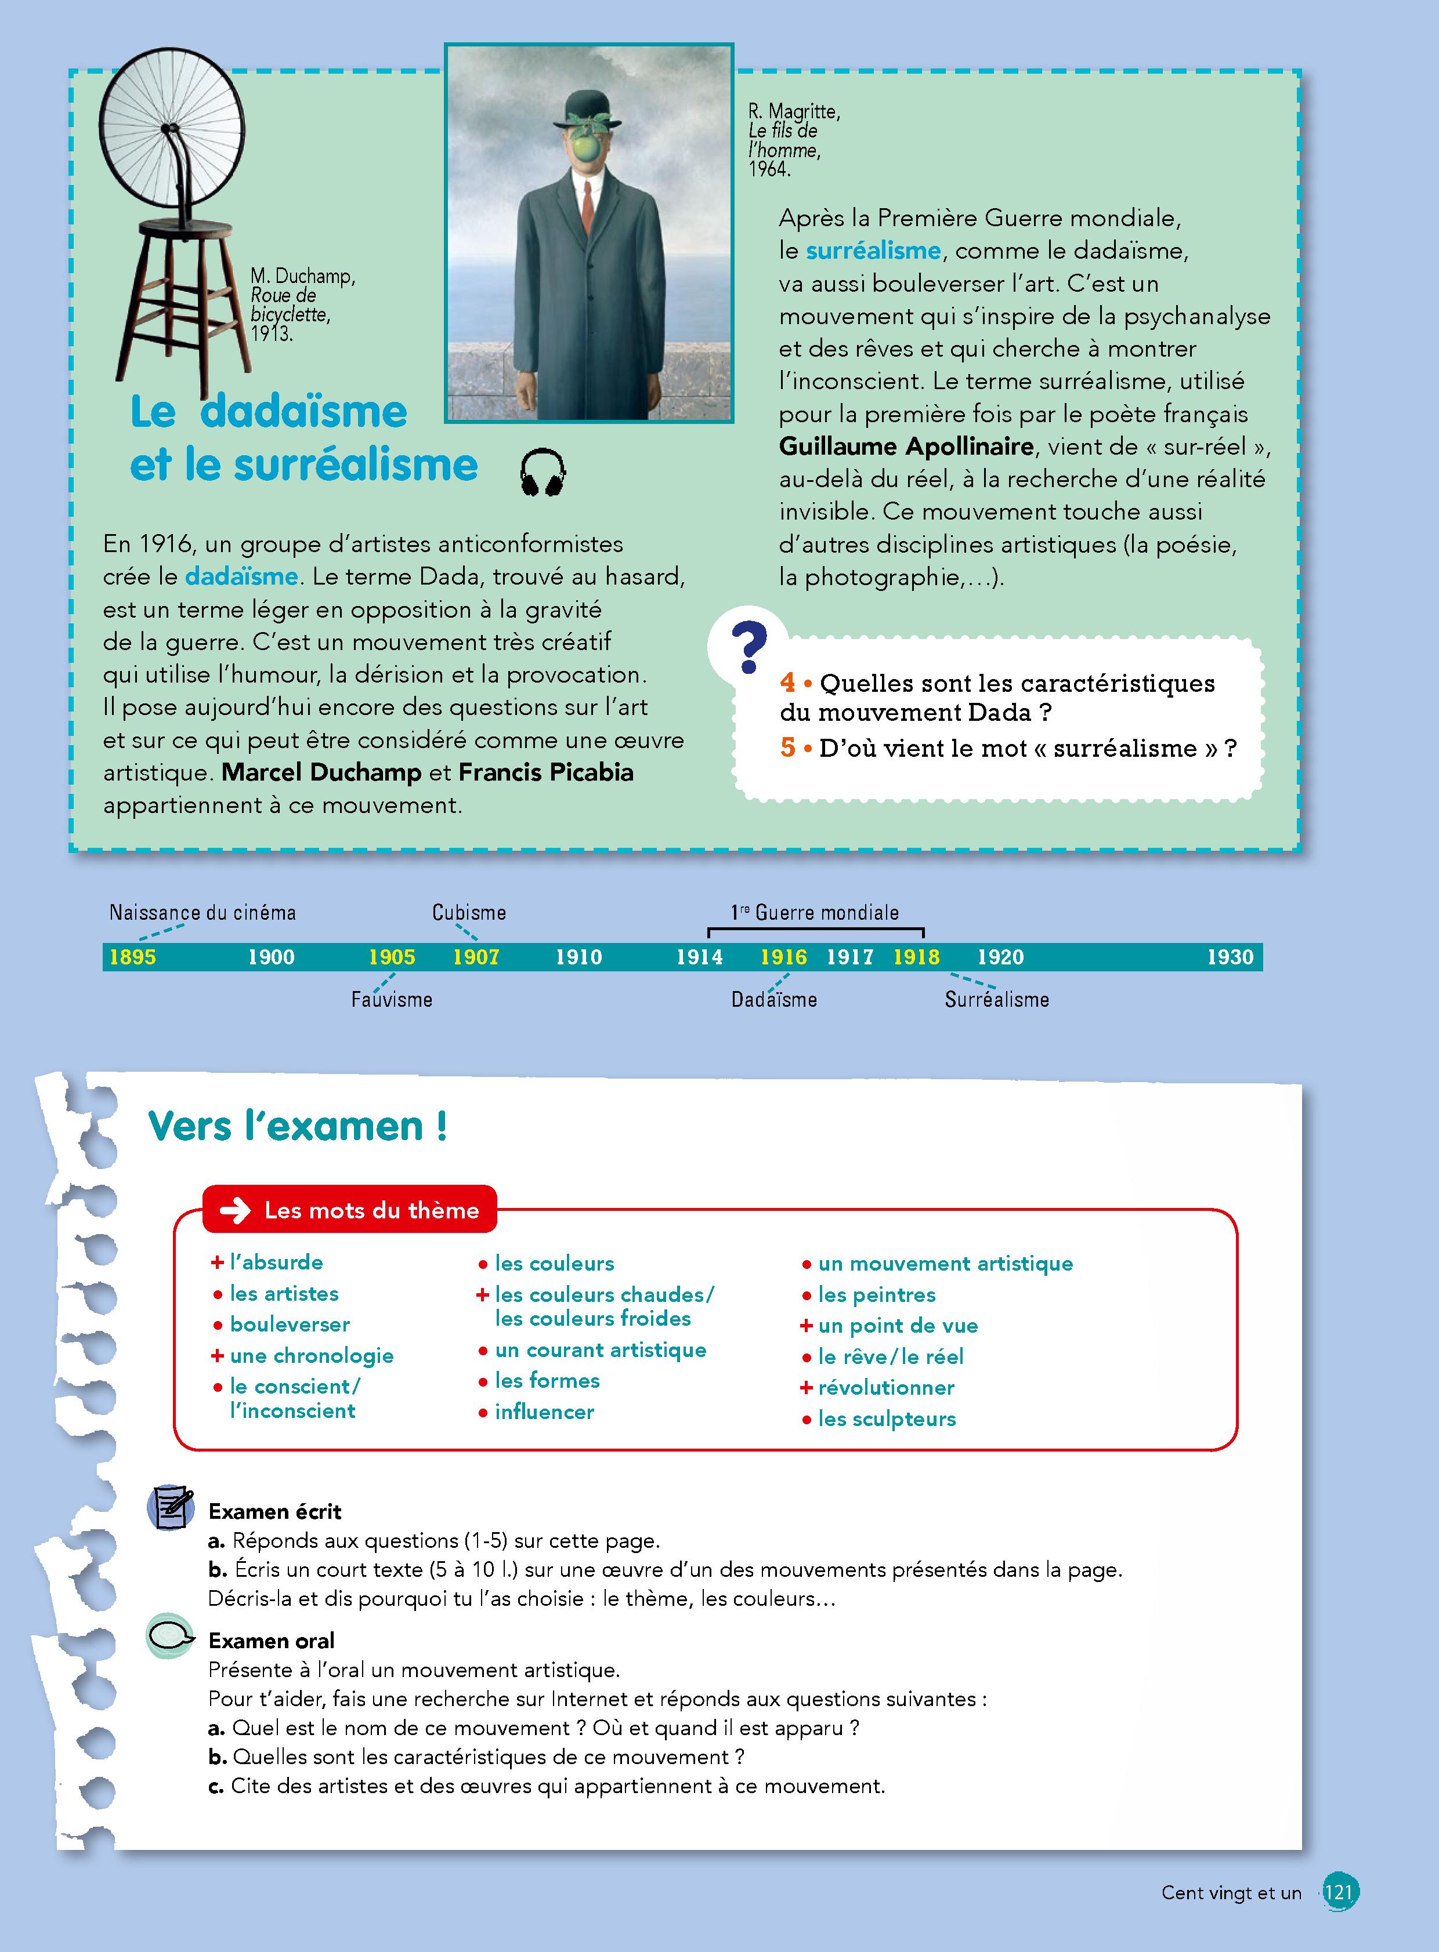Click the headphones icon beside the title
(542, 473)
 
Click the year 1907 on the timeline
(476, 957)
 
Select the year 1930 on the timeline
(1230, 957)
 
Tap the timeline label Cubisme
(469, 912)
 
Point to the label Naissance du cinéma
(202, 912)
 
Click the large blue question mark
(749, 648)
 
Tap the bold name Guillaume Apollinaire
(906, 447)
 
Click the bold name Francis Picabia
(546, 772)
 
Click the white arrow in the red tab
(235, 1211)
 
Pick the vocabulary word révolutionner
(886, 1388)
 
